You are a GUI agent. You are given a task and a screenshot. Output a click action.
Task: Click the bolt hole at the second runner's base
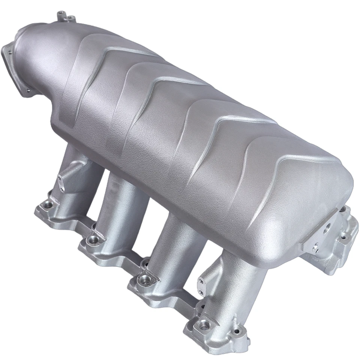tap(91, 239)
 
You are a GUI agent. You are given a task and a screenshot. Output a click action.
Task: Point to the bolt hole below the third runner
tap(143, 279)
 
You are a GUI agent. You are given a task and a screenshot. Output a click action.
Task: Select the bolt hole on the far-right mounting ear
tap(343, 236)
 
